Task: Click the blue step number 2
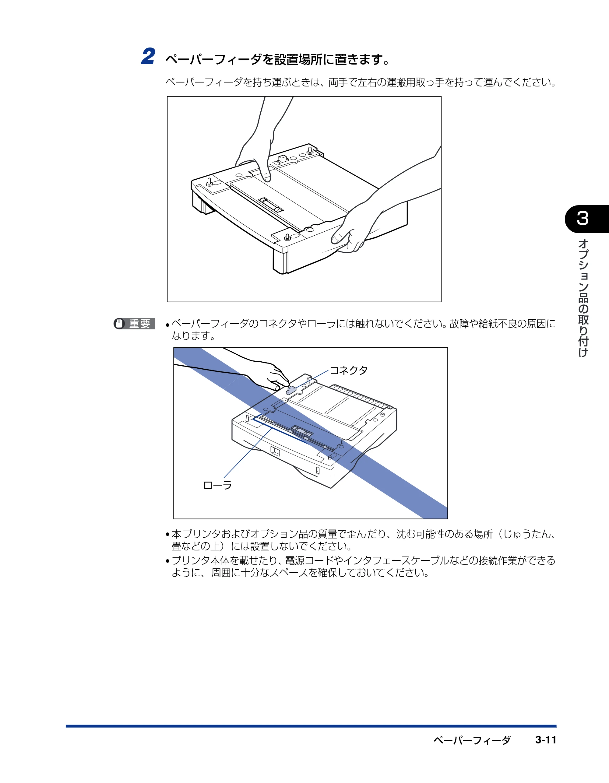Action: pyautogui.click(x=148, y=56)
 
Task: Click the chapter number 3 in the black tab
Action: pyautogui.click(x=583, y=218)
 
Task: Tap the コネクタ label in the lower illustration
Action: pyautogui.click(x=349, y=370)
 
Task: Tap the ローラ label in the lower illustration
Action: pyautogui.click(x=218, y=486)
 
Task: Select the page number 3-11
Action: pyautogui.click(x=546, y=740)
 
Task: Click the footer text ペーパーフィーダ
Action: pyautogui.click(x=472, y=740)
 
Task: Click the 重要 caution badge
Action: pyautogui.click(x=135, y=324)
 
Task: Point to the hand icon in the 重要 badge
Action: pyautogui.click(x=119, y=324)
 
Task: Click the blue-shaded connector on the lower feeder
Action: pyautogui.click(x=291, y=390)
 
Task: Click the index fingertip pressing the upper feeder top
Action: pyautogui.click(x=266, y=177)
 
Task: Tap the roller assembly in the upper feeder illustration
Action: pyautogui.click(x=271, y=205)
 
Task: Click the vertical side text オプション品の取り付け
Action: pyautogui.click(x=583, y=298)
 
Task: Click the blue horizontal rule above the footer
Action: pyautogui.click(x=311, y=726)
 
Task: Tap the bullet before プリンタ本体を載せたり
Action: pyautogui.click(x=167, y=561)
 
